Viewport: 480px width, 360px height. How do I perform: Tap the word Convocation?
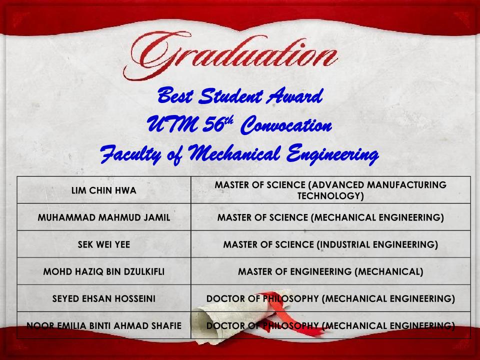click(286, 125)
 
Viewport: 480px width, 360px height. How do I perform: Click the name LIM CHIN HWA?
click(104, 190)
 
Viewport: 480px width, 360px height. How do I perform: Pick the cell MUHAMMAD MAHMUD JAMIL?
click(104, 217)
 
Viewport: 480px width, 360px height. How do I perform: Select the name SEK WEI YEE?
click(104, 244)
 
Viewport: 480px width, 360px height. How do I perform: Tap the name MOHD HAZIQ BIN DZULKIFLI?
click(104, 271)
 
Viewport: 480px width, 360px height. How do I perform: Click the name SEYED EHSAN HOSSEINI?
click(104, 298)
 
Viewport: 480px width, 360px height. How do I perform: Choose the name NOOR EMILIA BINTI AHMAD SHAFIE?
click(104, 325)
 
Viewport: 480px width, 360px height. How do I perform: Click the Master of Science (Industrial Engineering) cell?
click(330, 244)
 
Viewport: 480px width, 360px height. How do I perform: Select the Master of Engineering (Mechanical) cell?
click(330, 271)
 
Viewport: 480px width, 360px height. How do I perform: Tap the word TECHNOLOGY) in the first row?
click(330, 196)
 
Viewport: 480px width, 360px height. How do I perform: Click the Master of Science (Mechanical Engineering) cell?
click(330, 217)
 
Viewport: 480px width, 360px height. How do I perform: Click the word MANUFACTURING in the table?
click(406, 185)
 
